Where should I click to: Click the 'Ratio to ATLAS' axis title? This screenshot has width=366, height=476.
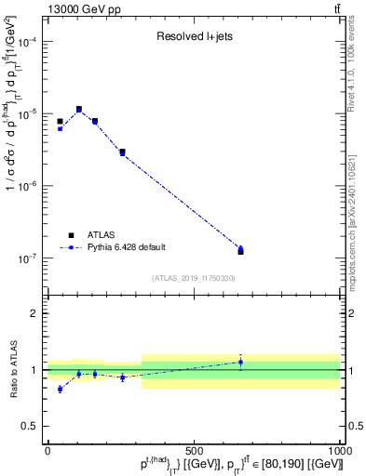[11, 369]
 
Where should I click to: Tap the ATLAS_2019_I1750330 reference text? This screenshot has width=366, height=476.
[194, 278]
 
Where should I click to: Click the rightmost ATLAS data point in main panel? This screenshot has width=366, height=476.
[240, 252]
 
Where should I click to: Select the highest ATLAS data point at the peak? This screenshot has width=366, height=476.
[79, 110]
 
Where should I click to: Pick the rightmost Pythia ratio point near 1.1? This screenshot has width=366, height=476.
[240, 362]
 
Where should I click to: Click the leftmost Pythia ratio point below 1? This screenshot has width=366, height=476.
[60, 389]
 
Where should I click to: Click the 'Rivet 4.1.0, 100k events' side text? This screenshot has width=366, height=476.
[358, 74]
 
